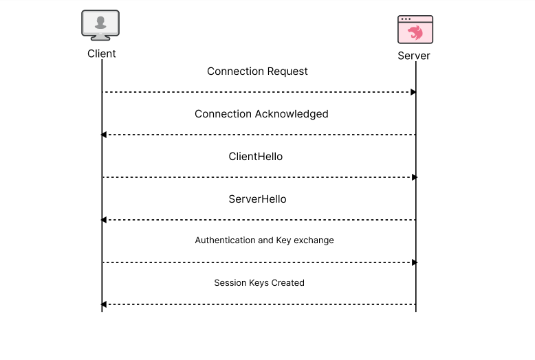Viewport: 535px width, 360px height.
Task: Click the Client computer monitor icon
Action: coord(100,25)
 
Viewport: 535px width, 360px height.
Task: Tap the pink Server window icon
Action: coord(415,30)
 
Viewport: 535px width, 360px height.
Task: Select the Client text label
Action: coord(102,54)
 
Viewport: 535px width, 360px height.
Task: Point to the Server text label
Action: coord(414,56)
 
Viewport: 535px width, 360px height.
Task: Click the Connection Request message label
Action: coord(257,71)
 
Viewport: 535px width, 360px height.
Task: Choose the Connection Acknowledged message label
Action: coord(261,114)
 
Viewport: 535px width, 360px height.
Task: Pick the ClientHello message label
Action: coord(256,157)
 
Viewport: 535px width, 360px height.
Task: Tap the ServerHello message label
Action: coord(257,199)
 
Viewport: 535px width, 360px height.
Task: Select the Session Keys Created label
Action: coord(259,283)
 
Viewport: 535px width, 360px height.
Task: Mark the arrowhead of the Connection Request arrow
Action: coord(413,92)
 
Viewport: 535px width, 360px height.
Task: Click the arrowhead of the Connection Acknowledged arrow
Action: coord(104,135)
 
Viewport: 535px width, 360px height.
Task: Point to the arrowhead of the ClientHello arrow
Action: coord(414,177)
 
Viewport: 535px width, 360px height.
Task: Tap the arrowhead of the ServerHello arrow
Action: coord(104,220)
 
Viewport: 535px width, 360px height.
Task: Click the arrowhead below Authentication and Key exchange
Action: coord(414,262)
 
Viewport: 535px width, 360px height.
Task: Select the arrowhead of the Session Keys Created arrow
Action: coord(104,304)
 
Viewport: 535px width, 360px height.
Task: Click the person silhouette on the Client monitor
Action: coord(100,23)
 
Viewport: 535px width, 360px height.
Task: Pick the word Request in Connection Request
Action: coord(288,71)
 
